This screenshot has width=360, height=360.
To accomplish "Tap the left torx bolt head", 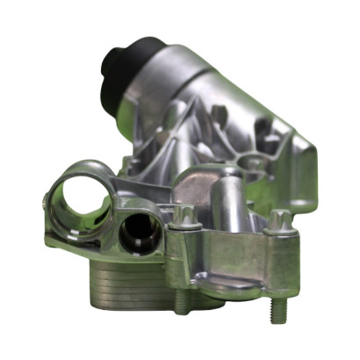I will [x=182, y=214].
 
